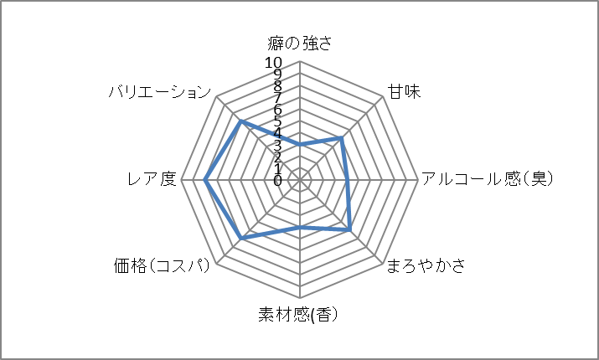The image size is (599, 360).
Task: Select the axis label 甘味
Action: coord(403,91)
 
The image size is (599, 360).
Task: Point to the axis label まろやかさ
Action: coord(426,266)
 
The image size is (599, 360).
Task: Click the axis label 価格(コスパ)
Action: coord(163,266)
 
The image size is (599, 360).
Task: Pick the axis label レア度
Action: coord(152,179)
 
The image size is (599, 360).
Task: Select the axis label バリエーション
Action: coord(159,91)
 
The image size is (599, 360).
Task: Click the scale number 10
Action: coord(274,63)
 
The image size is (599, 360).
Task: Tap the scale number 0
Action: coord(277,180)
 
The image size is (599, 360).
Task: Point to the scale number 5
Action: coord(277,121)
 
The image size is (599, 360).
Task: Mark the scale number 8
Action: coord(277,86)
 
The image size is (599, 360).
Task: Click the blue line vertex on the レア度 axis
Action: coord(205,180)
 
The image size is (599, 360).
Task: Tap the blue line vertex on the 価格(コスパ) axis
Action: coord(241,239)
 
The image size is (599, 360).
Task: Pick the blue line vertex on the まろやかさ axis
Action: coord(349,229)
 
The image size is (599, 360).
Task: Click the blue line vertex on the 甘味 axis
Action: coord(342,138)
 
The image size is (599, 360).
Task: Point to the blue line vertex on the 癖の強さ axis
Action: coord(300,145)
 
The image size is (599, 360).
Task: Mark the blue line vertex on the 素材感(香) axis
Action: coord(300,227)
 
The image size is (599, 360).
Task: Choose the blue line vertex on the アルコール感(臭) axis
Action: coord(347,180)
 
